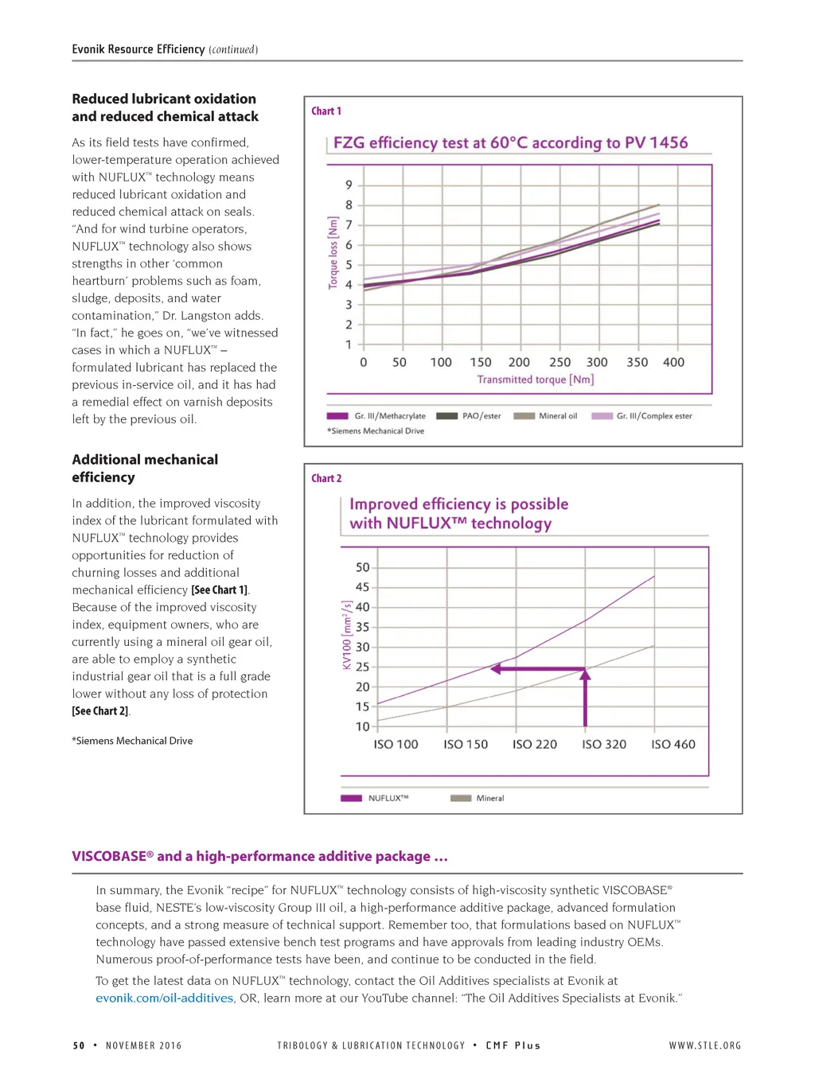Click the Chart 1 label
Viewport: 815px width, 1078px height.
[x=326, y=111]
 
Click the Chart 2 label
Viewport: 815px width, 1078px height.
[x=326, y=478]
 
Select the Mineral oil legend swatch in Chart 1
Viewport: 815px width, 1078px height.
[x=524, y=415]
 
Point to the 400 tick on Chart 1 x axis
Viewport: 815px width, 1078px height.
[x=673, y=362]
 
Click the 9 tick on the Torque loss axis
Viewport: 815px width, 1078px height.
[x=349, y=185]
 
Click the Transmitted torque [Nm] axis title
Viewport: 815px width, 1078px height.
[x=535, y=379]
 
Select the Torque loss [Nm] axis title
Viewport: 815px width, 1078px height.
[x=333, y=252]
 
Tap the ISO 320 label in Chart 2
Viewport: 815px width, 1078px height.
[x=604, y=745]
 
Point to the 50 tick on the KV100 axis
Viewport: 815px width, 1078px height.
[x=362, y=567]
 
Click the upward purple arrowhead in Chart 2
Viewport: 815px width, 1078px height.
[x=585, y=675]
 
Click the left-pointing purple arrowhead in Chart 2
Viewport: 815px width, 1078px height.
[x=496, y=669]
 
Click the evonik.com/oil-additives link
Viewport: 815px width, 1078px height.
[x=165, y=998]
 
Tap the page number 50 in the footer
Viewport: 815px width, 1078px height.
[x=79, y=1045]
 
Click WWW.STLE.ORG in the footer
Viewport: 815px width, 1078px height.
[x=704, y=1045]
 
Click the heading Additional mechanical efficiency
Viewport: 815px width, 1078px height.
[x=144, y=468]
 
